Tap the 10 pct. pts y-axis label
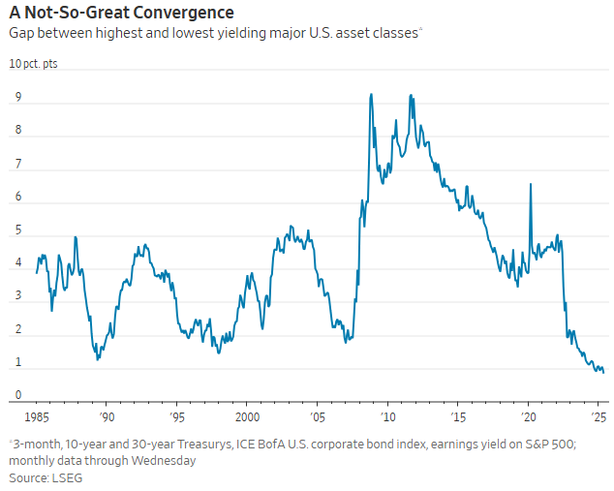(33, 64)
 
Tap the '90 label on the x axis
(106, 416)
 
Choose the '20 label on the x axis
(528, 416)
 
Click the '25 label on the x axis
(598, 416)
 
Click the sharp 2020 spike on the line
(530, 184)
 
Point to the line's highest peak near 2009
(372, 94)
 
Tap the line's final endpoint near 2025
(603, 372)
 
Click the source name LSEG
(64, 477)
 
